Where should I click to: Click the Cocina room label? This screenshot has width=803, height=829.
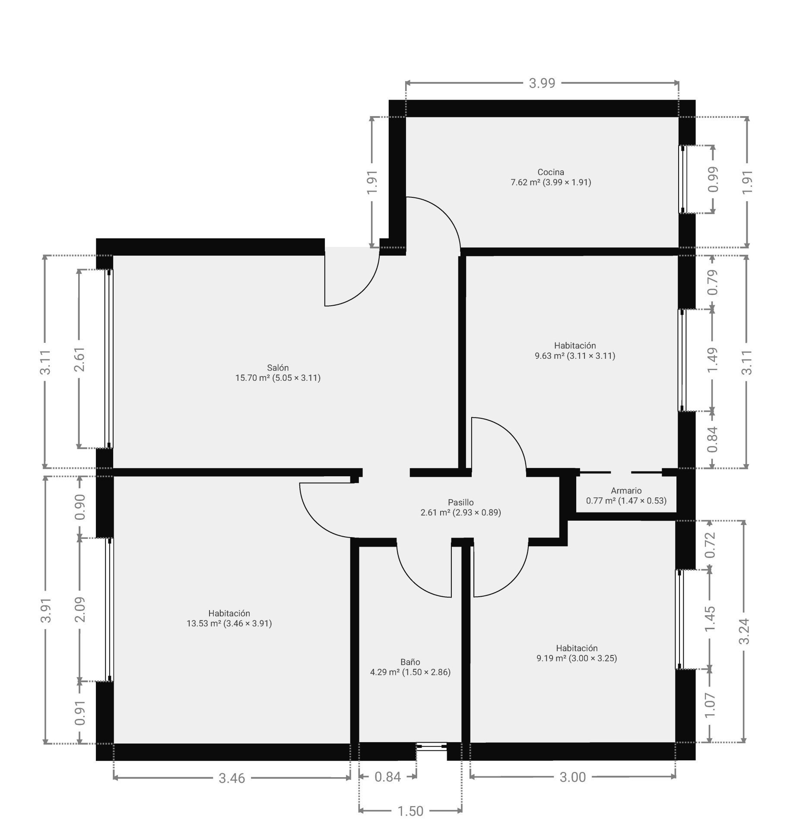pyautogui.click(x=551, y=177)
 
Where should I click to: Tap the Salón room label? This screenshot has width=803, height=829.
pyautogui.click(x=278, y=373)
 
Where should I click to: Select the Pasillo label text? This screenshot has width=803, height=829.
pyautogui.click(x=460, y=507)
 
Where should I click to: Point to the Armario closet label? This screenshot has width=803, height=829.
pyautogui.click(x=626, y=495)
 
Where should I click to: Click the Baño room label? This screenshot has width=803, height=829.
pyautogui.click(x=410, y=667)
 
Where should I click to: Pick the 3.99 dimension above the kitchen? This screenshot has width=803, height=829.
pyautogui.click(x=542, y=83)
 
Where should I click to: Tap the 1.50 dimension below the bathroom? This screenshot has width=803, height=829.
pyautogui.click(x=410, y=811)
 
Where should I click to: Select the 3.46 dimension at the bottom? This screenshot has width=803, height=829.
pyautogui.click(x=232, y=778)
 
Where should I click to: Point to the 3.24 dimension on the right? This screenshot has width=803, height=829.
pyautogui.click(x=744, y=631)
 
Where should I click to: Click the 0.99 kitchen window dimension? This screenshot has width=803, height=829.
pyautogui.click(x=713, y=179)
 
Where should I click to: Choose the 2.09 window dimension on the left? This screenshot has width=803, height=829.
pyautogui.click(x=79, y=610)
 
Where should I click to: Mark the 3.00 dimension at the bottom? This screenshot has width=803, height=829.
pyautogui.click(x=572, y=777)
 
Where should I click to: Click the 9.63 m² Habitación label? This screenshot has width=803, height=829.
pyautogui.click(x=575, y=351)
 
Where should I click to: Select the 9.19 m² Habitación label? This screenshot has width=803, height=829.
pyautogui.click(x=577, y=653)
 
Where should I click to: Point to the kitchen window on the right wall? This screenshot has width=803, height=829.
pyautogui.click(x=682, y=179)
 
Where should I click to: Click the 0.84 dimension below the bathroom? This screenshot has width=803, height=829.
pyautogui.click(x=387, y=777)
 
